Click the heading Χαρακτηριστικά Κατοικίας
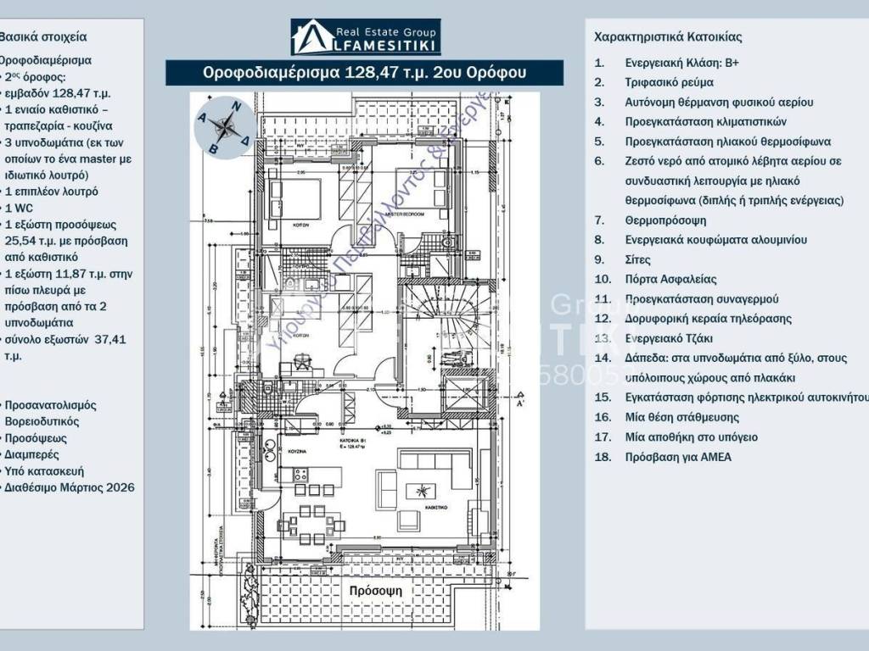point(668,37)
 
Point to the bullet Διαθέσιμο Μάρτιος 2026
point(69,487)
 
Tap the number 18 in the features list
point(602,457)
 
